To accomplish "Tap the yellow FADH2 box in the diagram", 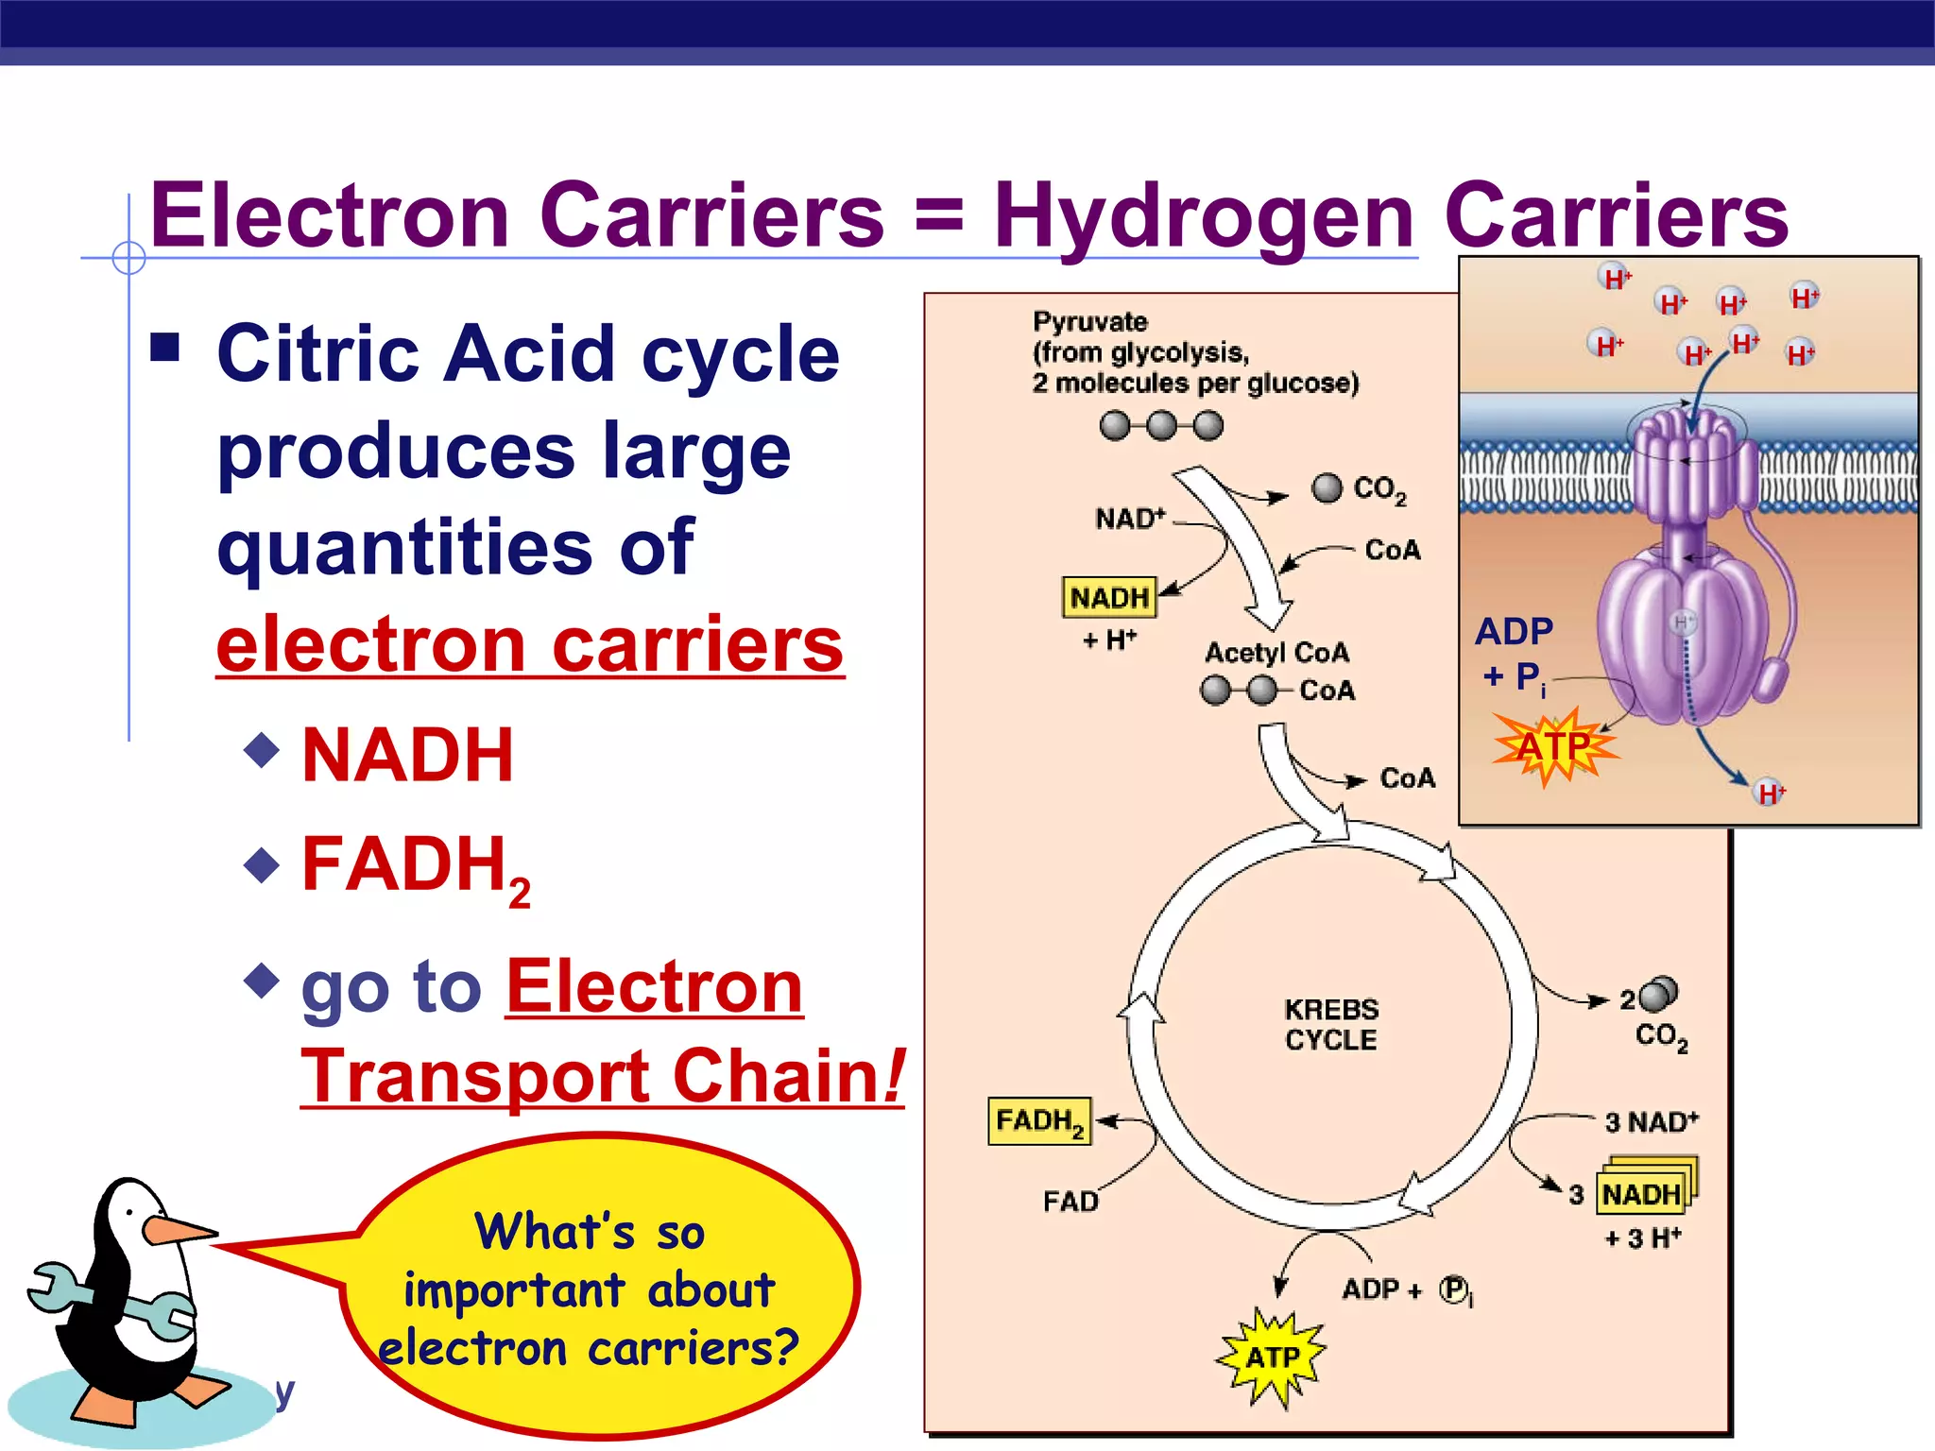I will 1039,1121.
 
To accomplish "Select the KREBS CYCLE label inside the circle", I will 1331,1024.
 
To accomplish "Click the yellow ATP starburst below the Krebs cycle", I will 1272,1357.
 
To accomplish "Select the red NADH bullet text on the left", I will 407,756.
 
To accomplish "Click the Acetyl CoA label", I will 1276,653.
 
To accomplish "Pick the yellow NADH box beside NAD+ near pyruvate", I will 1109,598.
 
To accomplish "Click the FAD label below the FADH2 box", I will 1070,1202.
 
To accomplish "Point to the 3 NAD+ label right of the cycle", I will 1652,1122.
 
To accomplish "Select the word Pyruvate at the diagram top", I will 1089,322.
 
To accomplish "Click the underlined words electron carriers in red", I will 529,644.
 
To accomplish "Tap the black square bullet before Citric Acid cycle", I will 165,348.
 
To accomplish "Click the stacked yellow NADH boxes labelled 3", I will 1644,1192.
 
